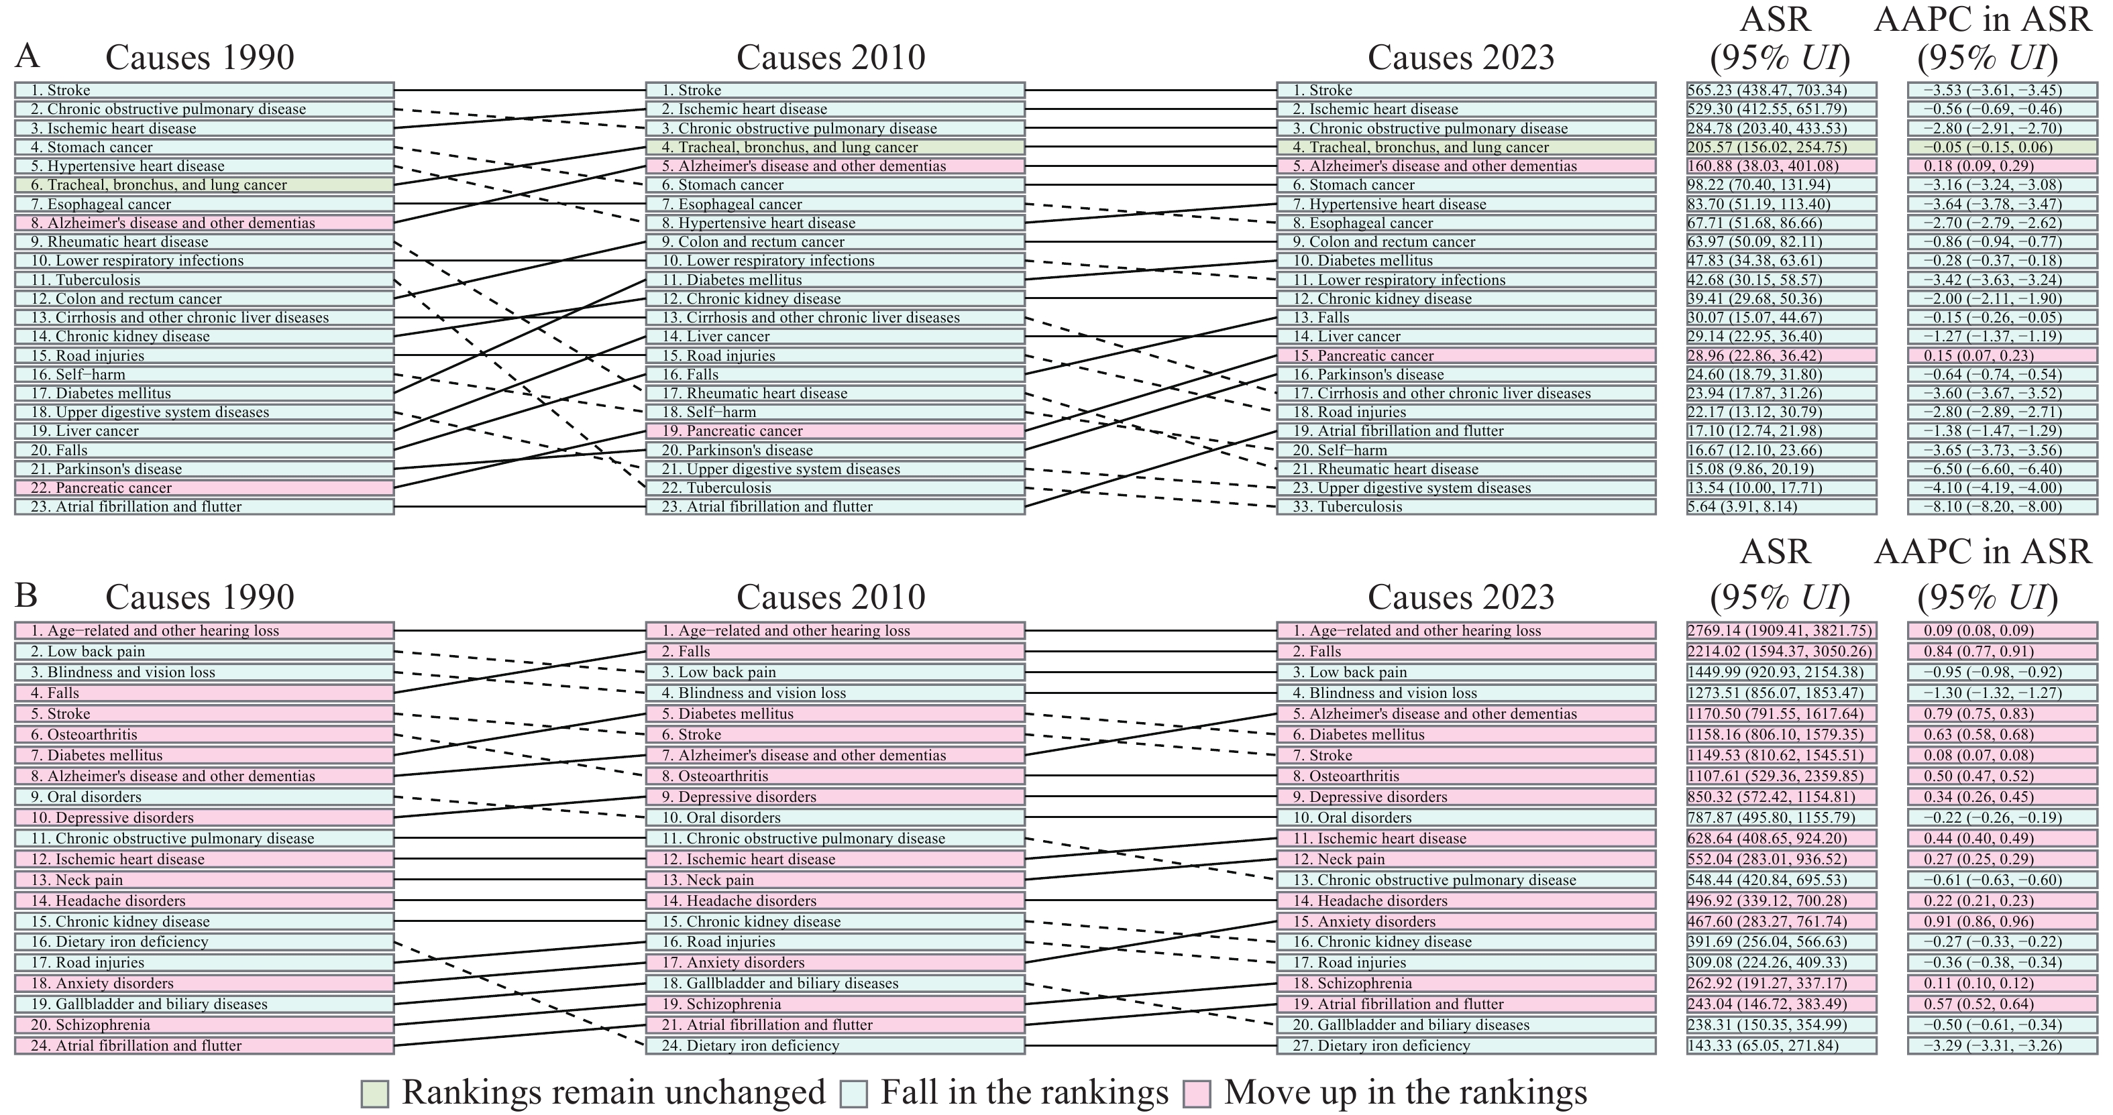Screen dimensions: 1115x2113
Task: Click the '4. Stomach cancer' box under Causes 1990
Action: tap(203, 148)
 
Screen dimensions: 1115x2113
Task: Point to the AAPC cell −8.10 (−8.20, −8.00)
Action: tap(2002, 507)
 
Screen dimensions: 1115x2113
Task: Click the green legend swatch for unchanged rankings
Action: tap(375, 1094)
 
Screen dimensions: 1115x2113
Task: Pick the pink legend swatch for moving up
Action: tap(1197, 1094)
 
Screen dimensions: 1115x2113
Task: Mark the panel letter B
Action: tap(26, 595)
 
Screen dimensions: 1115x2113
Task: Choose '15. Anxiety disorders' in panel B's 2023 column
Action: tap(1466, 921)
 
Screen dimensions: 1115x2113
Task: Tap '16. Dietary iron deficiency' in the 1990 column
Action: tap(203, 942)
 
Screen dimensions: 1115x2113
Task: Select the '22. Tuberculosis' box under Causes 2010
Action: tap(835, 488)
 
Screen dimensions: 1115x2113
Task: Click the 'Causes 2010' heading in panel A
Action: tap(830, 58)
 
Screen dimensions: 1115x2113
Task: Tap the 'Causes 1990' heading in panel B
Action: tap(199, 597)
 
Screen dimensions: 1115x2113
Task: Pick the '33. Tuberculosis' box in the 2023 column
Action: tap(1466, 507)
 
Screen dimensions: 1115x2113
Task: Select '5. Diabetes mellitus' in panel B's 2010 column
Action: tap(835, 714)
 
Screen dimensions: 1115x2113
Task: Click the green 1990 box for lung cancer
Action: tap(203, 185)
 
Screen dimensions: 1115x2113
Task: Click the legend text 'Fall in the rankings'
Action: tap(1024, 1093)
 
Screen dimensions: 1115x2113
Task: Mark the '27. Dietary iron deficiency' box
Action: tap(1466, 1045)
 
